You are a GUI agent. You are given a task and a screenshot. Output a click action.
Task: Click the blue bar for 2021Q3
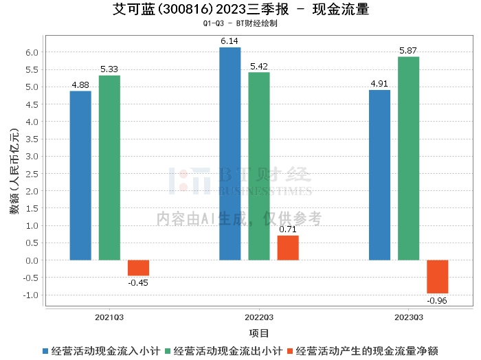click(x=80, y=175)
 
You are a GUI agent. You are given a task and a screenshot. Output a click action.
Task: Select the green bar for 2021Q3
click(x=109, y=168)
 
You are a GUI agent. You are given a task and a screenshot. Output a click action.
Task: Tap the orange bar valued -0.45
click(x=138, y=268)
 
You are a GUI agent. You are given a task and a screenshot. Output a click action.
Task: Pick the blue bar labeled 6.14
click(x=230, y=153)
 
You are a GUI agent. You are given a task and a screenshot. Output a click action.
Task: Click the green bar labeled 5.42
click(x=259, y=166)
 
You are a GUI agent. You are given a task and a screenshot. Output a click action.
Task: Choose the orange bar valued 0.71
click(x=288, y=247)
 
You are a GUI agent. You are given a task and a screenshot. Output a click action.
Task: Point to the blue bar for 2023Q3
click(x=379, y=175)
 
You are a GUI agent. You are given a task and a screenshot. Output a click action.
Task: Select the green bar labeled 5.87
click(x=408, y=158)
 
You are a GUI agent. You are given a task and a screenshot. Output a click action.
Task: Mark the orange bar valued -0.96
click(x=437, y=277)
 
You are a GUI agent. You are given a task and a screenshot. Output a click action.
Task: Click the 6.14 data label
click(x=230, y=41)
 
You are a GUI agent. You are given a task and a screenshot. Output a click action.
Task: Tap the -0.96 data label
click(x=437, y=300)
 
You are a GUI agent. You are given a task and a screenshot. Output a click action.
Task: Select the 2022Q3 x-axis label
click(x=259, y=317)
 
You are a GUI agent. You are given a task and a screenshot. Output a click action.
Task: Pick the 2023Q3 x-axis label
click(x=408, y=317)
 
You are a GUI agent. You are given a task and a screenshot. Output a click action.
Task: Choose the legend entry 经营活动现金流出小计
click(x=227, y=350)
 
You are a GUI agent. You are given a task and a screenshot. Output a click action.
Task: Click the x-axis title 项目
click(x=259, y=333)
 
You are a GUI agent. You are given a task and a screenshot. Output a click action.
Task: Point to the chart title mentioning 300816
click(x=240, y=10)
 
